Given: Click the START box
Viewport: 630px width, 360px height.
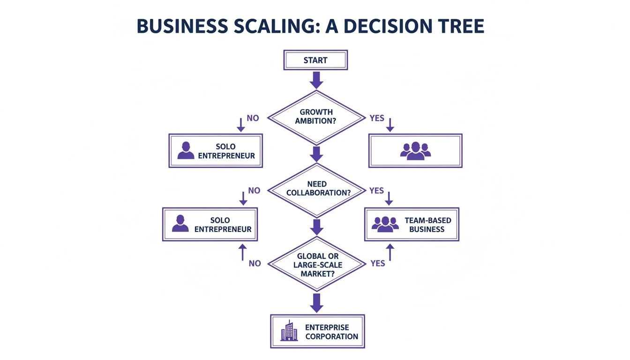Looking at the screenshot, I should pos(315,60).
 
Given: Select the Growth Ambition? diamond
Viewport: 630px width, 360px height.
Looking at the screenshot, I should pos(315,117).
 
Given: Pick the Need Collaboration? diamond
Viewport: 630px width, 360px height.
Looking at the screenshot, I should pos(318,189).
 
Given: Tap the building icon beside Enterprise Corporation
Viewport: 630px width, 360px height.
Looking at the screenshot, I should pos(289,331).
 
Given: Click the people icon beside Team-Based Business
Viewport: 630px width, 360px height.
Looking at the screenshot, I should pos(385,224).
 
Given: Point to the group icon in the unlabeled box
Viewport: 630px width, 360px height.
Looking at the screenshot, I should pos(415,150).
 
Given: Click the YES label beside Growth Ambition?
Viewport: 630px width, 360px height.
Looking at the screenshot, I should pos(376,118).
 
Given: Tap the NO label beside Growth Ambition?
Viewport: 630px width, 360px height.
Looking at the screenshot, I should pos(253,118).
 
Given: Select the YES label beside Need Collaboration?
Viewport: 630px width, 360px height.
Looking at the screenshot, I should pos(376,191).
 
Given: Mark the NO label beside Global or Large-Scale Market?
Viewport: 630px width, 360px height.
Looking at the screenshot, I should pos(255,263).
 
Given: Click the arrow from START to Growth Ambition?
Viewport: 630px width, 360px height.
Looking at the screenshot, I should pos(316,80).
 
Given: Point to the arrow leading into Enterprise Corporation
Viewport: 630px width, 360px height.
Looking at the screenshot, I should pos(317,303).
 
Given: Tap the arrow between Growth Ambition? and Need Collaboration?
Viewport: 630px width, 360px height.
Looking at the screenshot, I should pos(316,154).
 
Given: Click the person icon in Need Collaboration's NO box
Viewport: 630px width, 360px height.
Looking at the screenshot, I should pos(180,224).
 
